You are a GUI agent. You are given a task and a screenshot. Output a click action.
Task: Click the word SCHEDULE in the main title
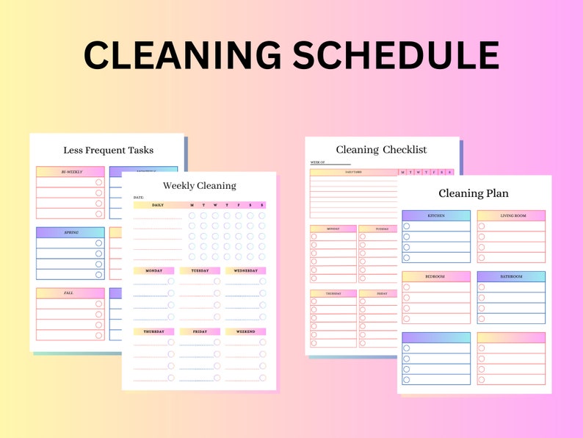[396, 56]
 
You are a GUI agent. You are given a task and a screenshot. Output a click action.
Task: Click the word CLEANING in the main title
[182, 56]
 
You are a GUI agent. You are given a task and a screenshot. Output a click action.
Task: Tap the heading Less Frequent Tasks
[109, 150]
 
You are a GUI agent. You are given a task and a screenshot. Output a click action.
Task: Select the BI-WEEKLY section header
[71, 172]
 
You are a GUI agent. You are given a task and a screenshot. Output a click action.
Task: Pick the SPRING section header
[70, 232]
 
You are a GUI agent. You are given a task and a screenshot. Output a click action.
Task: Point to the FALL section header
[68, 292]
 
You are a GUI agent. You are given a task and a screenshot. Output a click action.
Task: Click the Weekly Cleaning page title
[200, 185]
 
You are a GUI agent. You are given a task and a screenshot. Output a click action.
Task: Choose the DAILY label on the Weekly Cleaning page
[157, 205]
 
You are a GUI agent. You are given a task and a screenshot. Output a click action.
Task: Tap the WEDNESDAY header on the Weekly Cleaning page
[245, 270]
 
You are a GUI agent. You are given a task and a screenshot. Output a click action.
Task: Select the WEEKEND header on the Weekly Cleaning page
[245, 331]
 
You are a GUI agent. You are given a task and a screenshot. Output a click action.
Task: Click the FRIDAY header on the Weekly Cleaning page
[200, 331]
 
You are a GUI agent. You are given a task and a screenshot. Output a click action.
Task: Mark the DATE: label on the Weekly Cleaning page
[139, 197]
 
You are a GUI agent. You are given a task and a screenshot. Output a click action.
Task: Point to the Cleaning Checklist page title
[381, 150]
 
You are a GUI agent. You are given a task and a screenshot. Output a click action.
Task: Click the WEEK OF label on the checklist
[317, 162]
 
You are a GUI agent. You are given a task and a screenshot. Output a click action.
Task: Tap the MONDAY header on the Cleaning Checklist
[333, 229]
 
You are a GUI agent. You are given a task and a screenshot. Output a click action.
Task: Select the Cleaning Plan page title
[474, 194]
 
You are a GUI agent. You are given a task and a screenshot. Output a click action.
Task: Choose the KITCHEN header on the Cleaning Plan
[436, 215]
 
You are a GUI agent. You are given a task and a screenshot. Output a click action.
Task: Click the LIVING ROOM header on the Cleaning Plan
[511, 215]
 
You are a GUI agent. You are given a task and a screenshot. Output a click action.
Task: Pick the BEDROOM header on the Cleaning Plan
[435, 276]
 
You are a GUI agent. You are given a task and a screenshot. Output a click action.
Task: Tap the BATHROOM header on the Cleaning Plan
[511, 276]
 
